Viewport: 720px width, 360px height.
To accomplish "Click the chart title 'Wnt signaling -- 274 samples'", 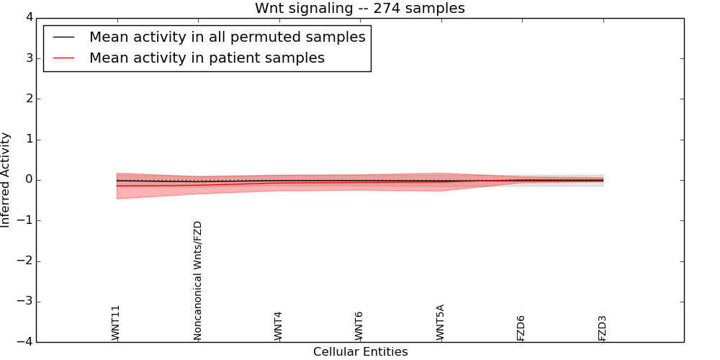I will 359,9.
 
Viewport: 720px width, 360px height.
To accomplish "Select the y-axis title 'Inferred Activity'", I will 6,180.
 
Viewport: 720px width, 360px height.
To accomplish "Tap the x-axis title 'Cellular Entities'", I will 360,352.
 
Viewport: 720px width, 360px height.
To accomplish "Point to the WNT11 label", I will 116,323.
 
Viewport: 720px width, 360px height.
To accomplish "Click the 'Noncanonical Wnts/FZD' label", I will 197,281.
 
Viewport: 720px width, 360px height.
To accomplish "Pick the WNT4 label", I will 278,326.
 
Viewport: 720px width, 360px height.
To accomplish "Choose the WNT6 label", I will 359,326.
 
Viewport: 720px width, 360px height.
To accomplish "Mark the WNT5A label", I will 440,323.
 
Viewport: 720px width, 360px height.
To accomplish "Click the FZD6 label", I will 521,328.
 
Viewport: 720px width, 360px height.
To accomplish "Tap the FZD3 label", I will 603,328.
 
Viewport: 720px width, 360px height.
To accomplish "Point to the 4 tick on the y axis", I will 28,18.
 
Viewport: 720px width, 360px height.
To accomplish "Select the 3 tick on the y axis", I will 28,58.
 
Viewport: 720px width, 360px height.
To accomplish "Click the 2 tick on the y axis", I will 28,99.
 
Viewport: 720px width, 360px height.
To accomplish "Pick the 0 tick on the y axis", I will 28,180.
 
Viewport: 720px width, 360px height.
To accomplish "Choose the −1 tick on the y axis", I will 24,221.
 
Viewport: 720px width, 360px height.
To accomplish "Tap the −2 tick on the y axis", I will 24,261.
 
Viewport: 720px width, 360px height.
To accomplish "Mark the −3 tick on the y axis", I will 24,302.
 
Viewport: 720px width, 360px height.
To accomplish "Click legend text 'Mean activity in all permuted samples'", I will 227,37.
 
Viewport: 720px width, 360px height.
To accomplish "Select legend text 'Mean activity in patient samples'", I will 207,58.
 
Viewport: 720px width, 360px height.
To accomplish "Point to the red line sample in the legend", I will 64,58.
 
